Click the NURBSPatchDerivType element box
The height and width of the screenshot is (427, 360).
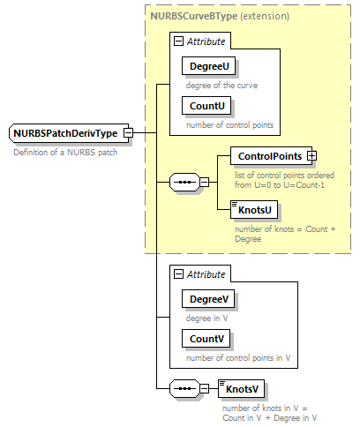[x=65, y=133]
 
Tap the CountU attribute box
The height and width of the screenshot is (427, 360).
[x=206, y=105]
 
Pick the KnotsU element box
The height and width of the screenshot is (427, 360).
[x=254, y=209]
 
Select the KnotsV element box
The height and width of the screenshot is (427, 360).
[x=241, y=388]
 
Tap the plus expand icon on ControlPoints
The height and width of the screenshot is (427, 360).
[x=311, y=156]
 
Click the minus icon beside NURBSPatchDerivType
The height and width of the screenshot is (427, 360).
[x=128, y=133]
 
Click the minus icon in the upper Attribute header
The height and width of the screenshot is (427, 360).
[x=179, y=41]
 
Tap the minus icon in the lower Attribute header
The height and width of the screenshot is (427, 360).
[x=179, y=274]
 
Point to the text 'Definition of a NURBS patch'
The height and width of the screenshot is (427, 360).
[x=65, y=153]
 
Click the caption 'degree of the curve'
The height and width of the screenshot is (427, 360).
[x=222, y=85]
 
